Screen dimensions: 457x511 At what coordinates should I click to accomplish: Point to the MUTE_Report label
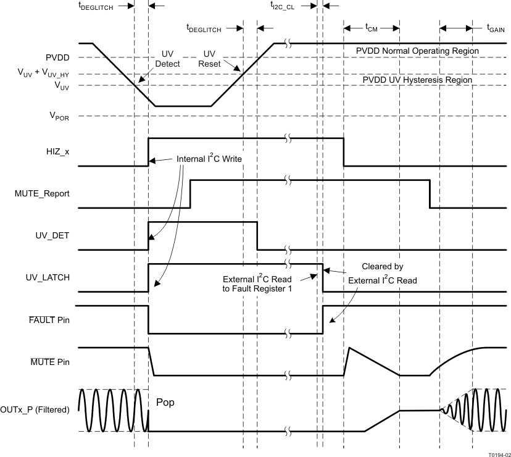[x=42, y=193]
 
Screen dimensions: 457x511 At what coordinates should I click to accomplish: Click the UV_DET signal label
[x=52, y=235]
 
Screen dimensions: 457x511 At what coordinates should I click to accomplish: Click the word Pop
[x=165, y=402]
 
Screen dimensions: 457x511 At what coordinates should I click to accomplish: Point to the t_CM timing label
[x=371, y=27]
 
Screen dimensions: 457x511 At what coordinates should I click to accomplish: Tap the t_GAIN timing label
[x=496, y=27]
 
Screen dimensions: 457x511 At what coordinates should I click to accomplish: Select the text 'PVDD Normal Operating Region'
[x=417, y=51]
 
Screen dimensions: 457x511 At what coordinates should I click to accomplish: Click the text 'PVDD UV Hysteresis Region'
[x=417, y=80]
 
